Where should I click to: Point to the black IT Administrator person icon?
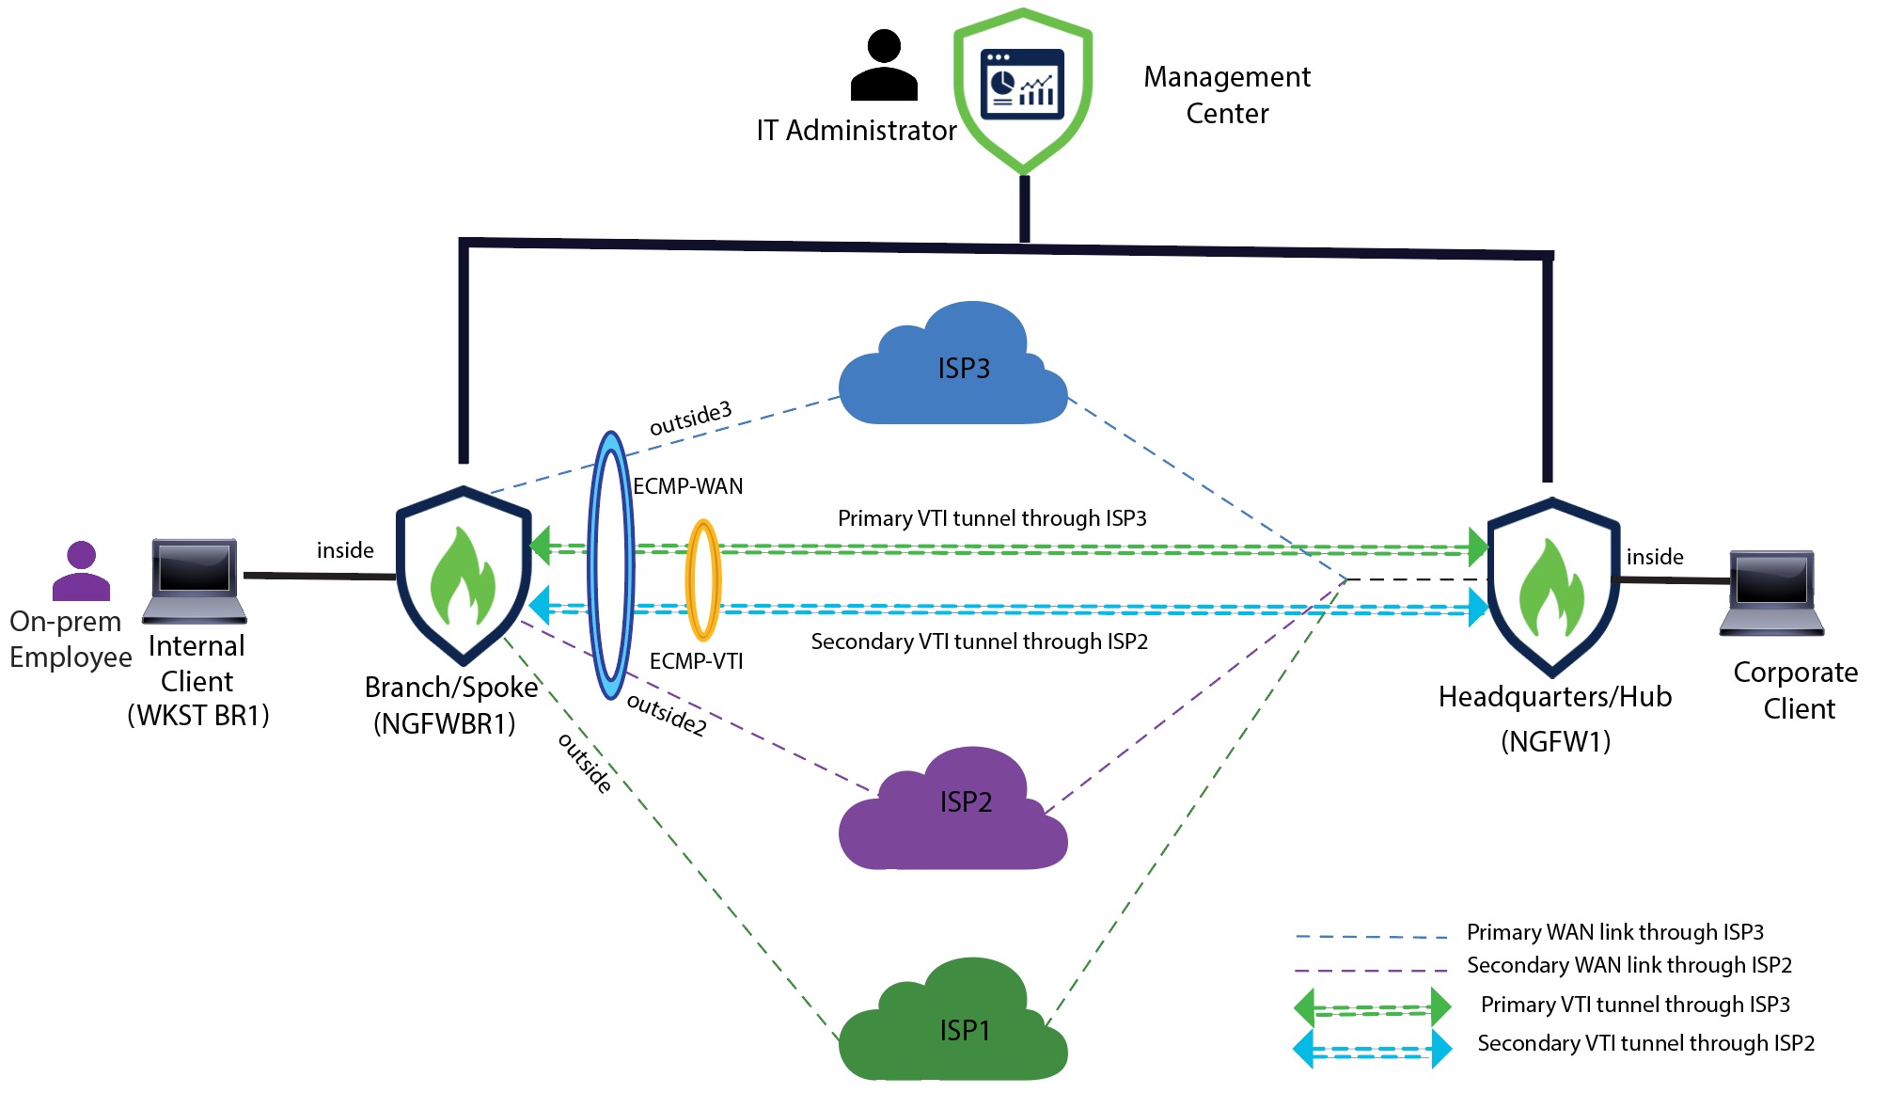(883, 66)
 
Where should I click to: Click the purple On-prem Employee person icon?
(81, 571)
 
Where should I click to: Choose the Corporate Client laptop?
(1771, 593)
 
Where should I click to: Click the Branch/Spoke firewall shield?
(464, 574)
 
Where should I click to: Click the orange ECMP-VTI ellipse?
(703, 580)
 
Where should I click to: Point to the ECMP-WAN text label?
(688, 486)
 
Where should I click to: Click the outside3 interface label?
(690, 419)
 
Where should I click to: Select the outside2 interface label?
(666, 715)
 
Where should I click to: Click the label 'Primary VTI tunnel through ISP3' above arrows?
(992, 518)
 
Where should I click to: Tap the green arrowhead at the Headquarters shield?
(1478, 546)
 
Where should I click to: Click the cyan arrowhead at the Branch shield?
(540, 605)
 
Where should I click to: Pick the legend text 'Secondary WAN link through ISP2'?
(1628, 965)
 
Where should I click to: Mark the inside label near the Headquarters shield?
(1655, 557)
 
